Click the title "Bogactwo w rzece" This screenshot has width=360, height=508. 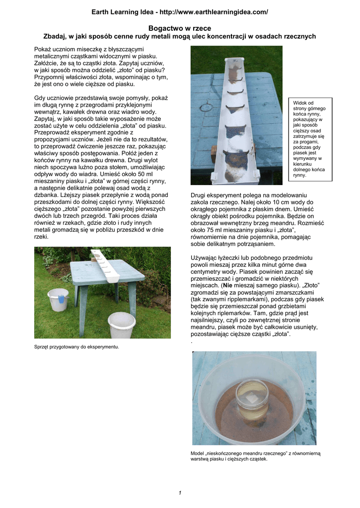[x=180, y=29]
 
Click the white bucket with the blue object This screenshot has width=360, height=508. [x=58, y=300]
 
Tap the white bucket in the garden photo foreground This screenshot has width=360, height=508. [x=121, y=324]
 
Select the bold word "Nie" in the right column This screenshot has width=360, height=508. [x=228, y=286]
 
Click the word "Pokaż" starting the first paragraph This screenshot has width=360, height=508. [x=43, y=50]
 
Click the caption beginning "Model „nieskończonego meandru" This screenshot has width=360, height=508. [x=256, y=456]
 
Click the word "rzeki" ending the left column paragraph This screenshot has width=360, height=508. [x=42, y=237]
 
